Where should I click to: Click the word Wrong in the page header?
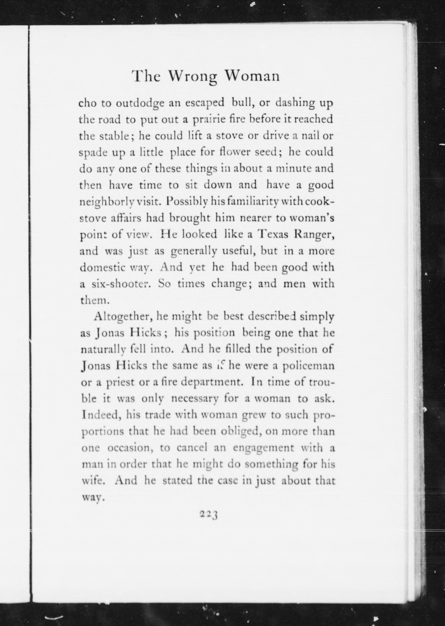click(192, 77)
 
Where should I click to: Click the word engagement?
click(264, 448)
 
